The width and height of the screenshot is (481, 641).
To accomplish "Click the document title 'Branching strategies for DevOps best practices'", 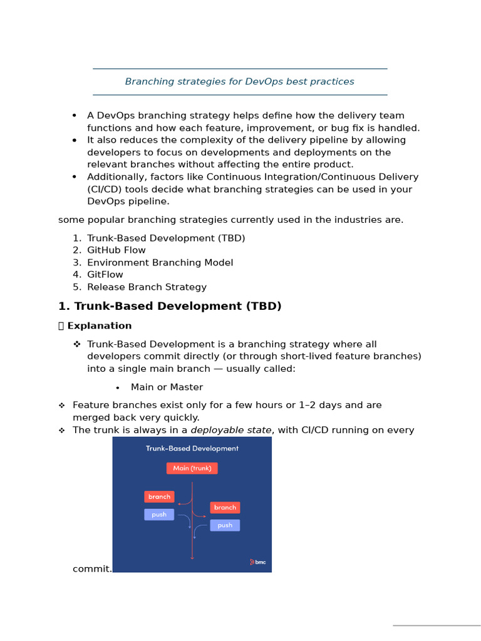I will [239, 81].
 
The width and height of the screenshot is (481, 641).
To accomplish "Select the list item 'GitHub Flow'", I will [116, 250].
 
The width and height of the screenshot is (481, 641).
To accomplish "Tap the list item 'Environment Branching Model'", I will [160, 262].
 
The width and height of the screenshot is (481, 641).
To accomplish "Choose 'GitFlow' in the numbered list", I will [105, 275].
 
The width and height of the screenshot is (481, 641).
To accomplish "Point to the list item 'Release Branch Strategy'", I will [147, 287].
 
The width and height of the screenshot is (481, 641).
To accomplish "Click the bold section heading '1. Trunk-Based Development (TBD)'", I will [170, 306].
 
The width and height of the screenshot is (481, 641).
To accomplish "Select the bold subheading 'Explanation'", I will [99, 326].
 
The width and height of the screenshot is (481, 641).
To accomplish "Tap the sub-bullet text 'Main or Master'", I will [167, 387].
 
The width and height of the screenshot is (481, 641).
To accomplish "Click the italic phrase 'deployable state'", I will [230, 430].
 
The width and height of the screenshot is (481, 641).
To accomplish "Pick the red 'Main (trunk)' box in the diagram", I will [192, 468].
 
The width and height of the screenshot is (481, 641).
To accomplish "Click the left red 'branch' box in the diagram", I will [159, 496].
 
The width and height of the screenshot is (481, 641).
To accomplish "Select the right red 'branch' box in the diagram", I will [225, 508].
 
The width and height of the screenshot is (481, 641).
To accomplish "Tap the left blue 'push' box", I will [159, 515].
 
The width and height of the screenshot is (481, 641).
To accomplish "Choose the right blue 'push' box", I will [225, 525].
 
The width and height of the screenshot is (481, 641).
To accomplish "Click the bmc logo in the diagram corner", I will [258, 562].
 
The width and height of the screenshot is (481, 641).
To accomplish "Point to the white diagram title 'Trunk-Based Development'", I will [192, 448].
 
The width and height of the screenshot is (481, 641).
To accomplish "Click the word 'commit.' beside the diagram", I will [92, 569].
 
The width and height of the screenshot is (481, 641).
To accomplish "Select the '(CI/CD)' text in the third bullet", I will [105, 189].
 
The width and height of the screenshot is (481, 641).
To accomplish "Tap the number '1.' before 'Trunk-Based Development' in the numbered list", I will [77, 238].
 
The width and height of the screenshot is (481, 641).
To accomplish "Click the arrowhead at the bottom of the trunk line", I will [192, 556].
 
